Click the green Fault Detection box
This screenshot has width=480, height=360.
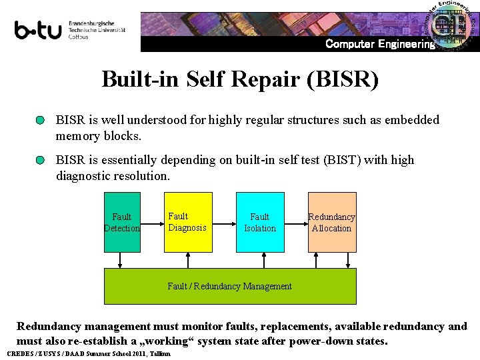tap(122, 222)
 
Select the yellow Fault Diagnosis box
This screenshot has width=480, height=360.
tap(188, 222)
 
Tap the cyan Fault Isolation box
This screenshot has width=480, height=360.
tap(260, 222)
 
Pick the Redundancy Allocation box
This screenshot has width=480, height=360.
tap(332, 222)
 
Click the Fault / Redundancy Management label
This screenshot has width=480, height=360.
tap(229, 286)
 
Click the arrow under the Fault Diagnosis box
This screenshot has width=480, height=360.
tap(188, 260)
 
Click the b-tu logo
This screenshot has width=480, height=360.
tap(39, 30)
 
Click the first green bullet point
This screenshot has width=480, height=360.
tap(41, 121)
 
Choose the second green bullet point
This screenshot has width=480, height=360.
tap(41, 161)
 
